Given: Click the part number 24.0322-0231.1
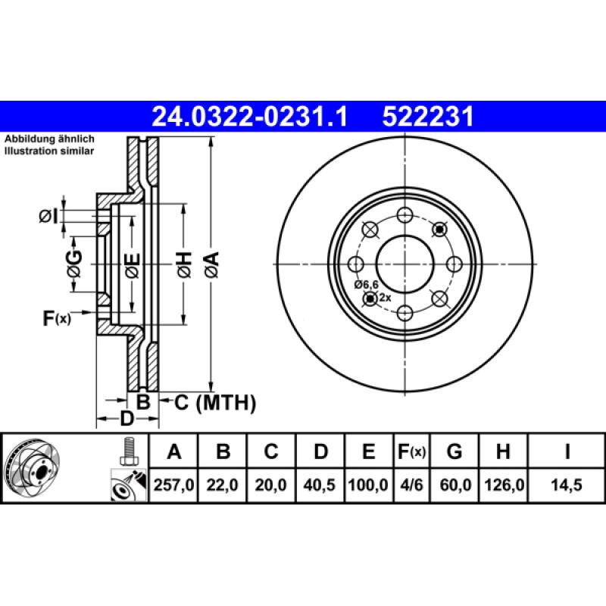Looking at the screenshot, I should pos(249,117).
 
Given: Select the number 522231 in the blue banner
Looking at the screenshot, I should pos(428,117).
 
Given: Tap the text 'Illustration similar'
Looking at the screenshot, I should pos(48,151).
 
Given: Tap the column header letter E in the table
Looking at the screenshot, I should pos(368,452).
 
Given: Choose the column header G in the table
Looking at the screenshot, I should pos(454,452).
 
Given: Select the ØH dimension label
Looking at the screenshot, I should pos(183,263).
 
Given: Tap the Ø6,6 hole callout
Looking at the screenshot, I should pos(366,284).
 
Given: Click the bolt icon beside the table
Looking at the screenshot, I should pos(127,452).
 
